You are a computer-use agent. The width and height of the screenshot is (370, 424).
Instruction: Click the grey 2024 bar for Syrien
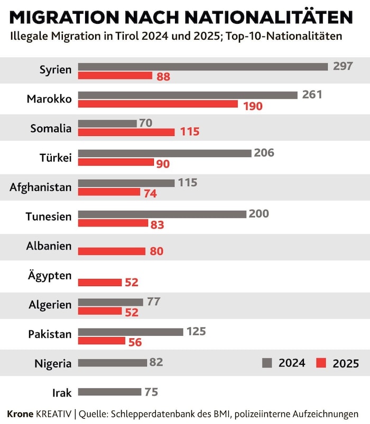(203, 67)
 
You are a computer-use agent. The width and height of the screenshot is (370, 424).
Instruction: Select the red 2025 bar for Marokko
(158, 104)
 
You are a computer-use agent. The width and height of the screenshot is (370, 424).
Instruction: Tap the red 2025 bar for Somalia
(126, 132)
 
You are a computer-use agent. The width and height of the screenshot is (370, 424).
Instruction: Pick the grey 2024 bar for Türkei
(164, 153)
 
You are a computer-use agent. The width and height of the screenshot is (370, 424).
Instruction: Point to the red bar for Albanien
(112, 251)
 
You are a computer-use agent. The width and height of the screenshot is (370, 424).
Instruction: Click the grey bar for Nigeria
(113, 363)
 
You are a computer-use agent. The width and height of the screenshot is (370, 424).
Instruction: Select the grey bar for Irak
(110, 392)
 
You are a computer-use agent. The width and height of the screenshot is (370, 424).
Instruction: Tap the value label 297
(343, 66)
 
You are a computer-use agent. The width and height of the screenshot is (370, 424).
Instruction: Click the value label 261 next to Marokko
(312, 95)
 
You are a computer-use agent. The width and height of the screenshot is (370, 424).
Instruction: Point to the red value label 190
(253, 106)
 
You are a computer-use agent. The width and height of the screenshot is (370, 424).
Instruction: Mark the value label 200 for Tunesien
(259, 214)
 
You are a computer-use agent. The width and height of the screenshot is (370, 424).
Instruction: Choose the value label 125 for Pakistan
(196, 331)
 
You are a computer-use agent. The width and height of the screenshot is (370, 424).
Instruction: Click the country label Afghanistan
(40, 187)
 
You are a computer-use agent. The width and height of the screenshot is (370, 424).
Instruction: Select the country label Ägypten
(50, 275)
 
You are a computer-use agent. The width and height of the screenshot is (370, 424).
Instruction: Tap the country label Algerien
(50, 305)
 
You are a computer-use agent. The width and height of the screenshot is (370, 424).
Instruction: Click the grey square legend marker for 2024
(267, 363)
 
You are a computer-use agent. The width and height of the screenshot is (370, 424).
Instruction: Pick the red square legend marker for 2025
(321, 363)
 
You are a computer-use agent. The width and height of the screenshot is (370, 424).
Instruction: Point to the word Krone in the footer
(20, 413)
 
